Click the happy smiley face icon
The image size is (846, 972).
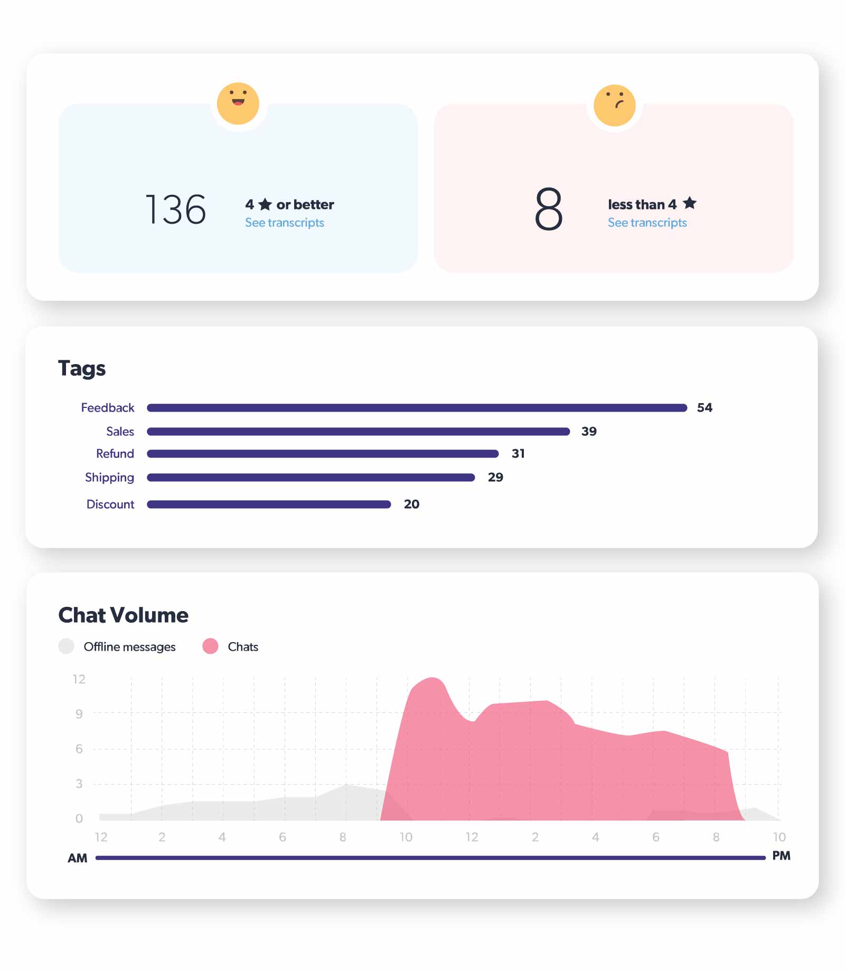(238, 103)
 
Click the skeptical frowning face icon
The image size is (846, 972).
(614, 105)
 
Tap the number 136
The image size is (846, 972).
(175, 209)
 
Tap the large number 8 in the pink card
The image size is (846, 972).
(549, 209)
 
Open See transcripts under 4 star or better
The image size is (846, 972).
(284, 223)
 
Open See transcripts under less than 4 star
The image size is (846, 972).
(647, 223)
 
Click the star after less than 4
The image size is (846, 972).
(689, 203)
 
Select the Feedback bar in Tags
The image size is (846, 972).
(417, 408)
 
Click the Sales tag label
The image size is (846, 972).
(120, 432)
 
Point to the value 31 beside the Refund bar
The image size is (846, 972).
(518, 454)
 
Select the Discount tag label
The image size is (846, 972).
(110, 504)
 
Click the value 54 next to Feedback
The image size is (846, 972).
(704, 408)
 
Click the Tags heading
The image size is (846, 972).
(82, 368)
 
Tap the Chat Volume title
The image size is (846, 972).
(123, 615)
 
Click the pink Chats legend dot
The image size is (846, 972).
(210, 646)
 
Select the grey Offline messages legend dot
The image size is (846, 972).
(66, 646)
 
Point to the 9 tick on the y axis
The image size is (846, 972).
(79, 714)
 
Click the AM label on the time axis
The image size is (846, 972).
(77, 858)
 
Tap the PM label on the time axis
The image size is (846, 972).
(781, 856)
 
